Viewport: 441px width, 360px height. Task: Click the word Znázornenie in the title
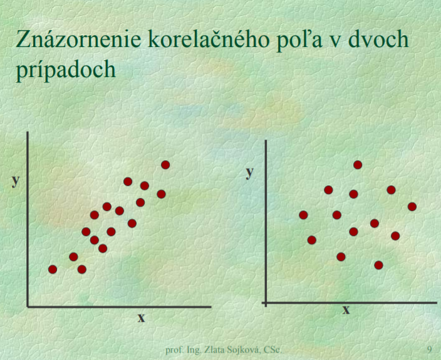78,39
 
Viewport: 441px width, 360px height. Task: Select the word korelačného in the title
209,39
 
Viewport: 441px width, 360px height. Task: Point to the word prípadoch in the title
66,69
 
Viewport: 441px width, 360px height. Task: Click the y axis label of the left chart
16,181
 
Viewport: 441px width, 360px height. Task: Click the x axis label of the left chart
141,317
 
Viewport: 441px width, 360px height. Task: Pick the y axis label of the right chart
249,173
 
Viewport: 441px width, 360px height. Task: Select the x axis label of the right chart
346,310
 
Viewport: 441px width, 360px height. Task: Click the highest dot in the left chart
165,165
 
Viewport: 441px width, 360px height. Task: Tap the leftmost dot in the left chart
53,269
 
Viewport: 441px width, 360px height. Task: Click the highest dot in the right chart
358,165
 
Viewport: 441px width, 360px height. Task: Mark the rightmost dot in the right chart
412,207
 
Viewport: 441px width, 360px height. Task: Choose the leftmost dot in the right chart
303,215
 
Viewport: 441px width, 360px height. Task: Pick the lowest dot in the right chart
378,265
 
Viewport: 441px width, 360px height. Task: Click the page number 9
430,349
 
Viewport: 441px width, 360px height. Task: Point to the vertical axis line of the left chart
28,219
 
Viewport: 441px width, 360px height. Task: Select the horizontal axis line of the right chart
349,303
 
